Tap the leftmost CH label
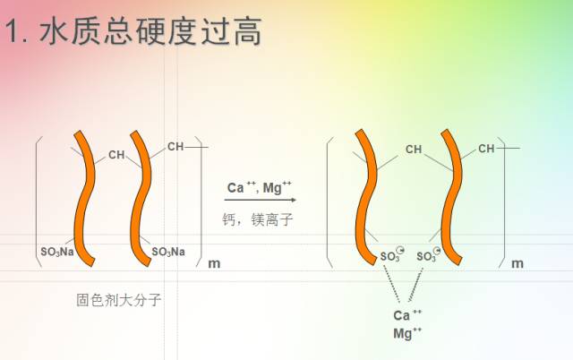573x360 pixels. pos(116,155)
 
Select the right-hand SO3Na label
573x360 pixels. pos(168,252)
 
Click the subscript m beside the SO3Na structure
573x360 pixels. pos(213,264)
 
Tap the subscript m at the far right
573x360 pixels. pos(517,264)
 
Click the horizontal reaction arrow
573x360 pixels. pos(260,200)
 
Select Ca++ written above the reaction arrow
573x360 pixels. pos(239,188)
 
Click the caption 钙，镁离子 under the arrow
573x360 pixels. pos(258,219)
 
